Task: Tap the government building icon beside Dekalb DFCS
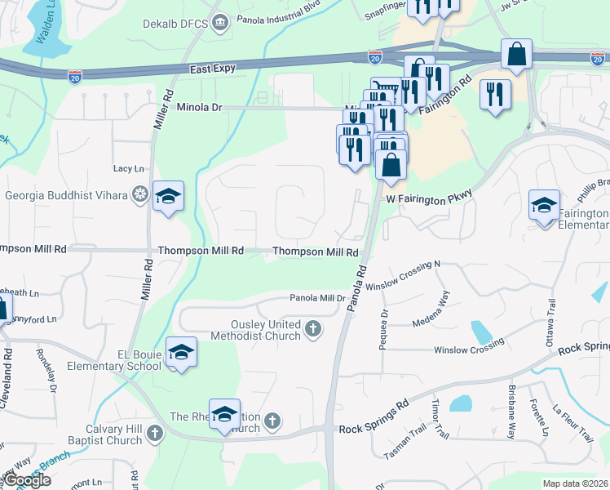219,24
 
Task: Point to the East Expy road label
213,69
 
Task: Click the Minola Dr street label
200,107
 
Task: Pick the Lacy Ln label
129,168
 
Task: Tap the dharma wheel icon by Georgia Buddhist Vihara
140,194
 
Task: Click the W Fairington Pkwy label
429,198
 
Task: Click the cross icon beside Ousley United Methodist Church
312,329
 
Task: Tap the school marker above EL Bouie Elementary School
181,353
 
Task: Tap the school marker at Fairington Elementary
544,206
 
